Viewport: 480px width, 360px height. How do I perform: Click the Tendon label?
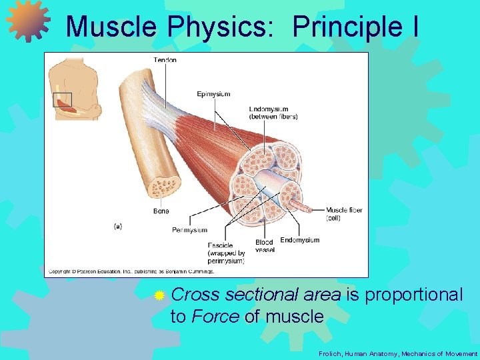point(165,60)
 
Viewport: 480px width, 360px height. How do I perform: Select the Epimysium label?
point(213,94)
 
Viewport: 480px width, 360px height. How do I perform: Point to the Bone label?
point(161,211)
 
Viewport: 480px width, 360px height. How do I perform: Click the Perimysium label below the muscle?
point(189,230)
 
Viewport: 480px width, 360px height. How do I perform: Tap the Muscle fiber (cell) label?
point(344,214)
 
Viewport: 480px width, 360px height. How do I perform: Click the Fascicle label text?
point(220,245)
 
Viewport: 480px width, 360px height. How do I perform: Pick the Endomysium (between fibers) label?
point(273,113)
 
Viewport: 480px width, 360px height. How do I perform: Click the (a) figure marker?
point(117,226)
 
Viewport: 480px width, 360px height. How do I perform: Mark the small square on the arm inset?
point(61,100)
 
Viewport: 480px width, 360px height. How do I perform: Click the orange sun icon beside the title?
point(28,22)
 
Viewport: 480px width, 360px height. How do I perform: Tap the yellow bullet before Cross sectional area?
point(159,295)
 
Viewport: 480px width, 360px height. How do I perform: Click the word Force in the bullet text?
point(215,317)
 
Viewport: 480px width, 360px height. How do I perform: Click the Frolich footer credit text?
point(398,354)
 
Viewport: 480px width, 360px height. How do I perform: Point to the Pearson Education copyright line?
point(131,271)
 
